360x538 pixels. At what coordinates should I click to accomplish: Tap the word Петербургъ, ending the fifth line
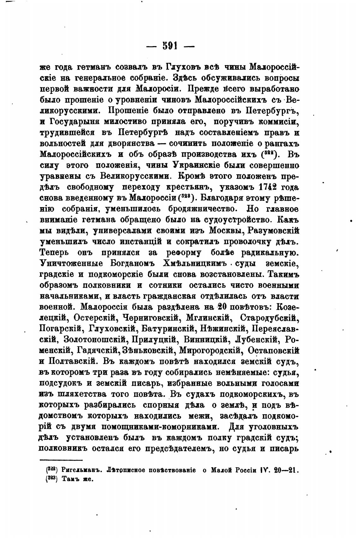[x=272, y=111]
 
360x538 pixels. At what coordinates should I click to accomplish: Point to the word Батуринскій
[x=168, y=329]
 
